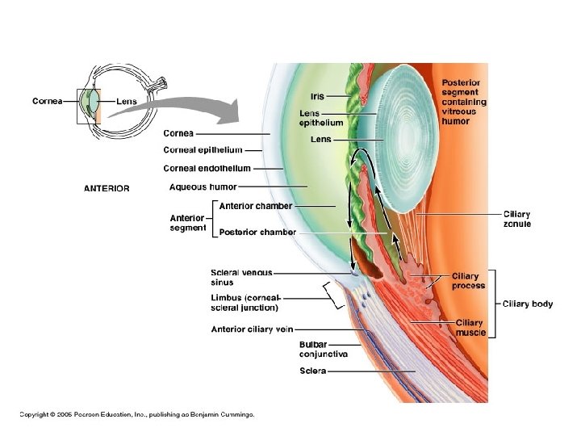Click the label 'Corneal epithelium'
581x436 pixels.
203,150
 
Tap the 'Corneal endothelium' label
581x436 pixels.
207,169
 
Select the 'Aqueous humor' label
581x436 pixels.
203,187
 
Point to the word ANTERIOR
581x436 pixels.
107,189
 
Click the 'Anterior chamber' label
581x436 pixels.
256,206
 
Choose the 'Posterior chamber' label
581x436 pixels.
257,232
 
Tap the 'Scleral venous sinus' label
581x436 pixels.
241,278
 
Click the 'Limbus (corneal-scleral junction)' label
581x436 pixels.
245,303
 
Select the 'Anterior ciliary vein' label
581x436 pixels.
253,329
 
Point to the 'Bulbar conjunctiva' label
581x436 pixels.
324,350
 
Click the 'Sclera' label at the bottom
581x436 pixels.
312,371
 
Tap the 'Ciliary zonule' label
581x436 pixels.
517,219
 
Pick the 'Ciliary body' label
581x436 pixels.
528,304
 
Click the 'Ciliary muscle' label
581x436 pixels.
470,328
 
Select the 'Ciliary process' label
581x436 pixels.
468,281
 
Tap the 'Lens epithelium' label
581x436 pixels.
321,118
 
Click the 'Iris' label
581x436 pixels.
317,97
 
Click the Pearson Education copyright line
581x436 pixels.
137,414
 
